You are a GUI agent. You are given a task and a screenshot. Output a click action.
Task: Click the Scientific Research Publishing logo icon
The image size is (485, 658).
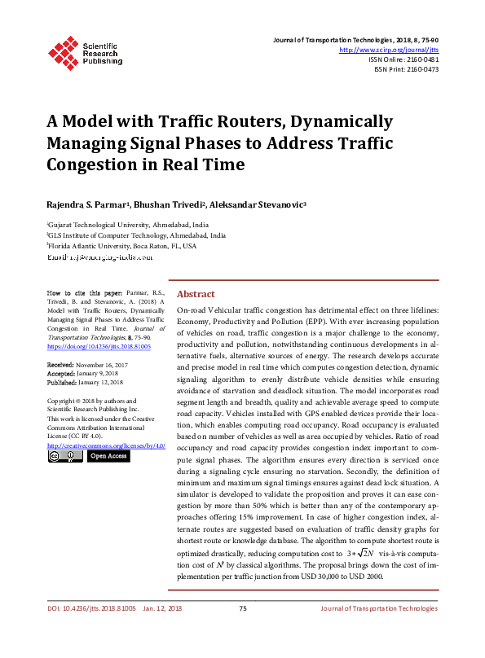click(63, 51)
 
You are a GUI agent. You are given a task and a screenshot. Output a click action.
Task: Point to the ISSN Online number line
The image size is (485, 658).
click(403, 59)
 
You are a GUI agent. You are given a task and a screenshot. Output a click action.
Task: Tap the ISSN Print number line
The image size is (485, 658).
click(406, 69)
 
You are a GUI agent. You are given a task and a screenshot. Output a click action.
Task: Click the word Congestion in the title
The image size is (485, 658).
click(91, 164)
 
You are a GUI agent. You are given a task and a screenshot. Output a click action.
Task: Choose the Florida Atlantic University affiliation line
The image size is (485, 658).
click(121, 245)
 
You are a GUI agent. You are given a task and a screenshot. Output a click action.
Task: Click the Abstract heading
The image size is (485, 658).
click(196, 294)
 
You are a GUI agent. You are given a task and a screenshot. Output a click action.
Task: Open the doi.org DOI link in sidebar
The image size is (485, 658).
click(99, 346)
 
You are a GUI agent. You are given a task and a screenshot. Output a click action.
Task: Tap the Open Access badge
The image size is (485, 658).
click(108, 456)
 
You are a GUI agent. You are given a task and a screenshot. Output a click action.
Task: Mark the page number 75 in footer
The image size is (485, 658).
click(242, 608)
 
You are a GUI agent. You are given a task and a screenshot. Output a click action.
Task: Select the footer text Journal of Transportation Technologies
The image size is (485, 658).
click(379, 608)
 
